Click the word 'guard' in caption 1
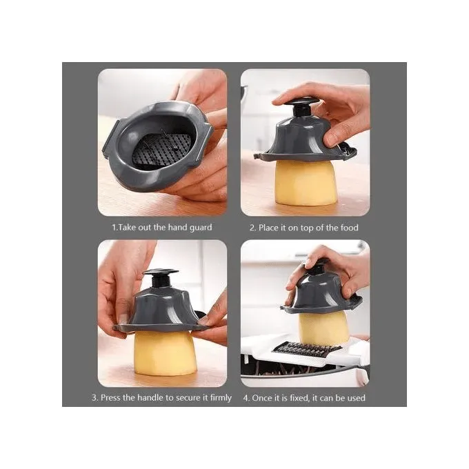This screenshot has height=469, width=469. [x=201, y=228]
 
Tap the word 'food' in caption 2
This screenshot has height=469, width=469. [x=349, y=228]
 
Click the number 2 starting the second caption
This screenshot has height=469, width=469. [x=252, y=228]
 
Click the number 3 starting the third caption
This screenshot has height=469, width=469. [x=94, y=398]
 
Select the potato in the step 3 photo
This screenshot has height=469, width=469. [x=165, y=353]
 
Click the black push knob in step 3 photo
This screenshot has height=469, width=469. [x=161, y=279]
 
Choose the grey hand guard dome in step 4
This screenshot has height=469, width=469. [x=321, y=295]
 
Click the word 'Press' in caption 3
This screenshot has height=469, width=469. [x=110, y=398]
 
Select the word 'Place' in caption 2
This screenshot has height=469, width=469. [x=268, y=228]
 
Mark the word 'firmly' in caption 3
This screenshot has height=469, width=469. [x=221, y=398]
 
